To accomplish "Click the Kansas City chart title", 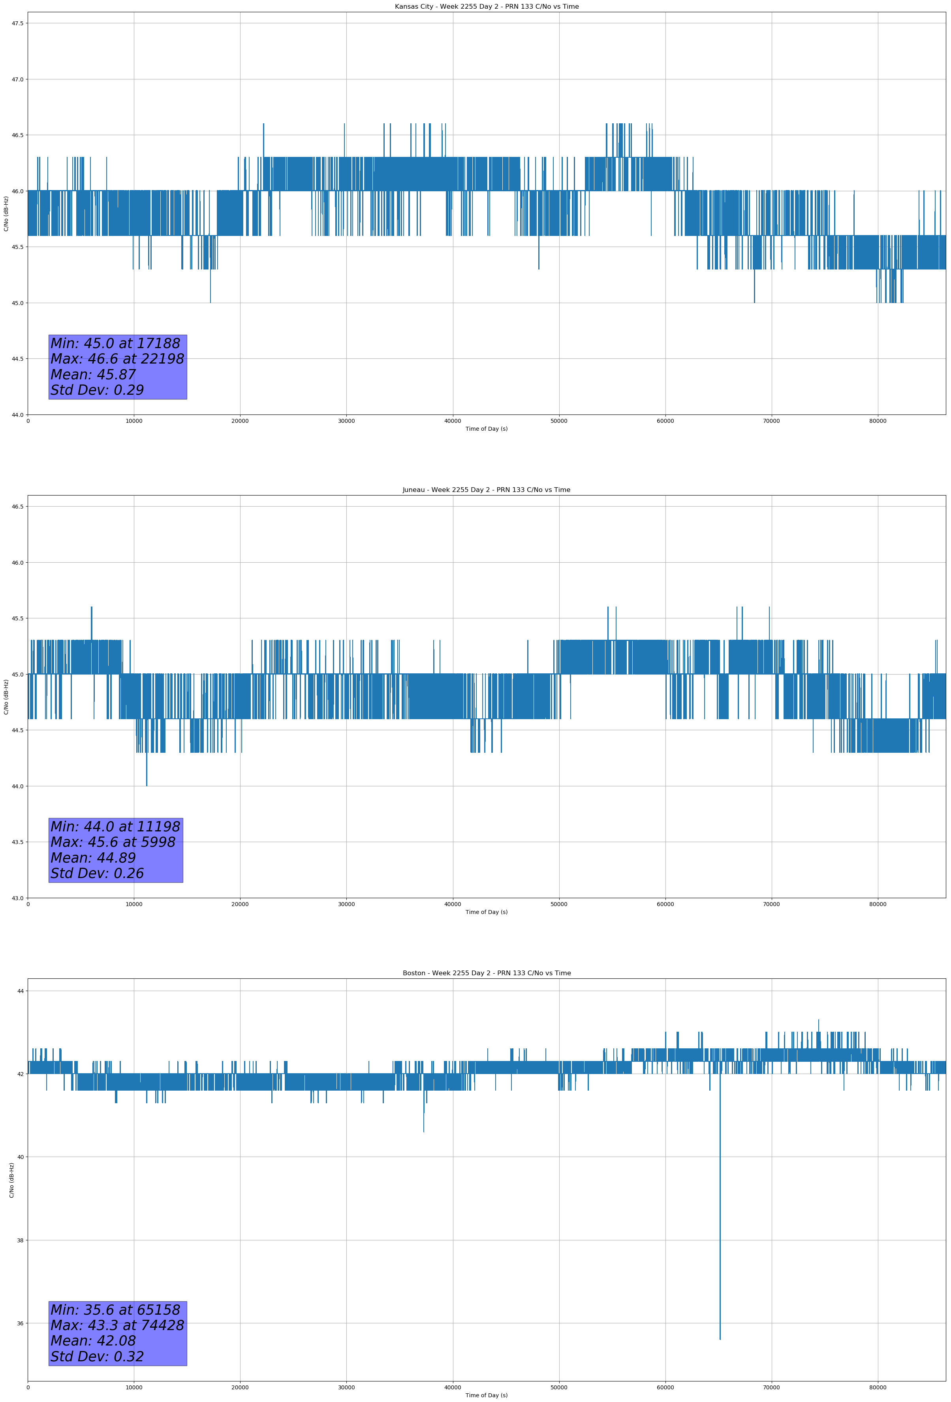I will coord(486,7).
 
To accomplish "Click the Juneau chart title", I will coord(486,490).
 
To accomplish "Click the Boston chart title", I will coord(486,973).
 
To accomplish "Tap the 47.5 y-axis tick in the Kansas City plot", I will coord(17,24).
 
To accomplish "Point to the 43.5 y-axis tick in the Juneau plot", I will coord(17,842).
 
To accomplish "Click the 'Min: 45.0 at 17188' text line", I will coord(115,344).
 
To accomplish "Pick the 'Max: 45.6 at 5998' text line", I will coord(113,842).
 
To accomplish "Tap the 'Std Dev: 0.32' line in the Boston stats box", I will coord(97,1357).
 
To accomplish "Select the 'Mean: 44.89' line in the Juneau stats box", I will coord(93,858).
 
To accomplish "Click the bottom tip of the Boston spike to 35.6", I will coord(720,1339).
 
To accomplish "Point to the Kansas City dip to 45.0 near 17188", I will coord(210,302).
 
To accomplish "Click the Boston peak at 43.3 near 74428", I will coord(818,1020).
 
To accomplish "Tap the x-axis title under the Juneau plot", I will coord(486,912).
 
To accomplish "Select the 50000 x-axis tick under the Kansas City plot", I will coord(559,421).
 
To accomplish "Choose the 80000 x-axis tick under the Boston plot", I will coord(878,1387).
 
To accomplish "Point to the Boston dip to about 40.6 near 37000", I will coord(423,1131).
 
